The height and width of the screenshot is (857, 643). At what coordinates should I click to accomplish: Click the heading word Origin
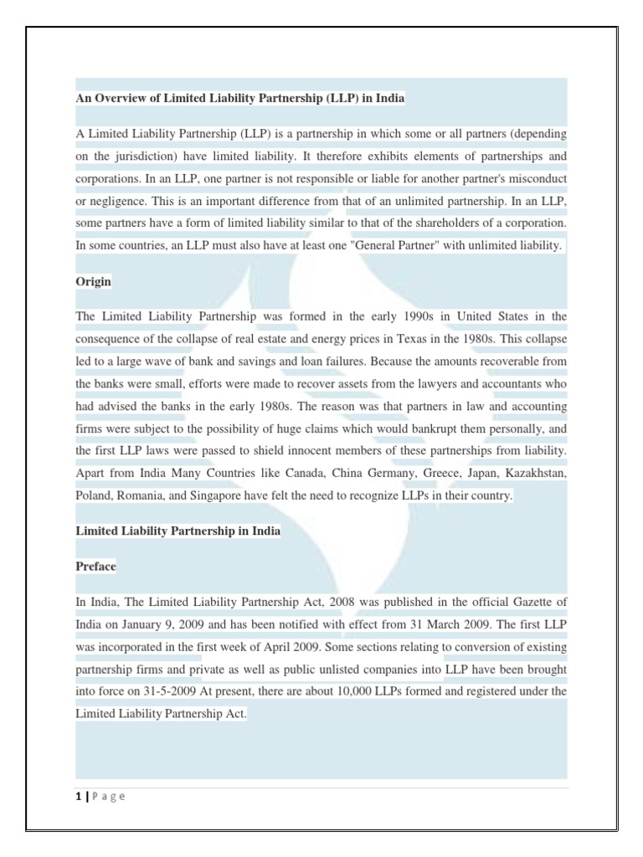(93, 282)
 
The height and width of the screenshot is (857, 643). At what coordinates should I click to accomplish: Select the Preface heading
(95, 567)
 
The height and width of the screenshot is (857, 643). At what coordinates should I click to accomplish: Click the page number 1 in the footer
(78, 796)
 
